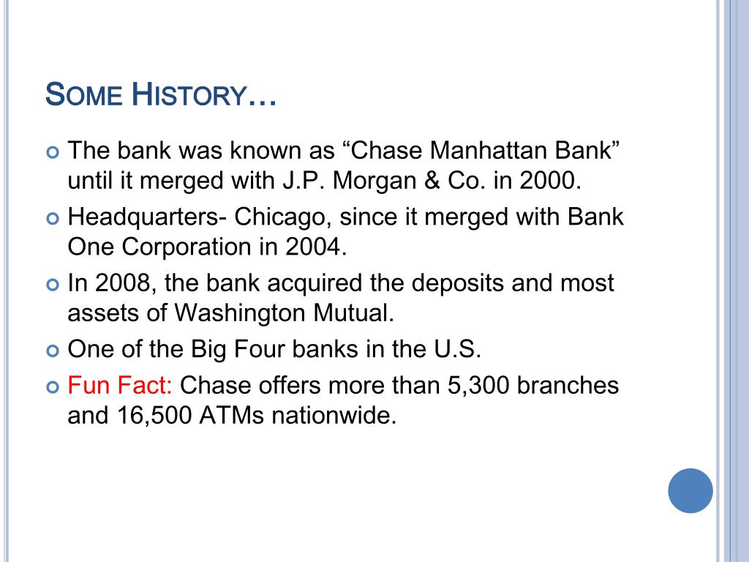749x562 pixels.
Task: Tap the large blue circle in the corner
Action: click(690, 491)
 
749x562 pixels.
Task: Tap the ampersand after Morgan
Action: click(432, 181)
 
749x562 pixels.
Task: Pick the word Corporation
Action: click(187, 247)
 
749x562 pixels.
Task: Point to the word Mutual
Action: click(354, 313)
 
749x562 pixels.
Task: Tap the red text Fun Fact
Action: click(120, 385)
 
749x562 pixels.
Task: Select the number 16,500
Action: click(154, 416)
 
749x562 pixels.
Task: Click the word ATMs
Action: click(232, 415)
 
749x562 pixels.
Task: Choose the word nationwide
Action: click(334, 415)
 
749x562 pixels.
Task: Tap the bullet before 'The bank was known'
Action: click(53, 152)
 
